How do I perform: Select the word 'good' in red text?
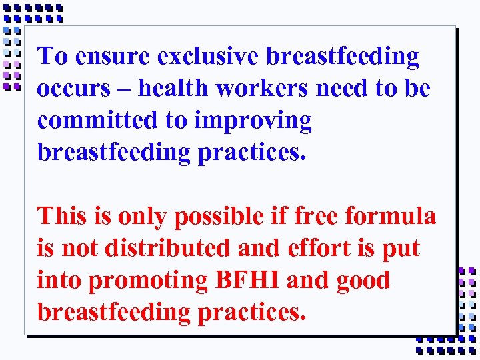pos(363,281)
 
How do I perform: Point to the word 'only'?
pos(141,217)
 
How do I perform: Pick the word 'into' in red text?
pos(59,280)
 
